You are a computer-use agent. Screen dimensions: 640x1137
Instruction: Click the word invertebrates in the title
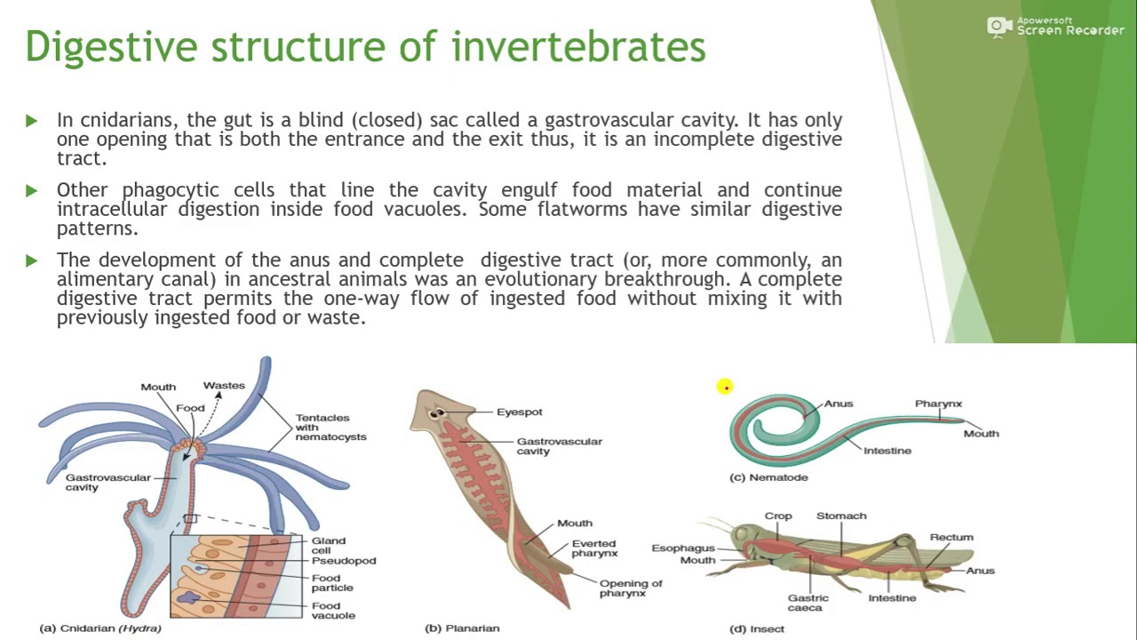(x=578, y=46)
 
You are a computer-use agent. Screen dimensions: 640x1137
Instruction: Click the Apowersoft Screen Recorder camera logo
(x=999, y=27)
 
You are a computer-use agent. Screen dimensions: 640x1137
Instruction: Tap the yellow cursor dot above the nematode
(x=725, y=387)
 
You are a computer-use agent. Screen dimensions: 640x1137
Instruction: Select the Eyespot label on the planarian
(x=519, y=412)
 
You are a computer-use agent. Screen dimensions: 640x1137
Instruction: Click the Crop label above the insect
(x=777, y=516)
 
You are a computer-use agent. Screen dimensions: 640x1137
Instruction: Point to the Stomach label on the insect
(x=840, y=516)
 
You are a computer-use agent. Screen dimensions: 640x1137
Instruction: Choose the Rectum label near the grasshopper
(x=950, y=538)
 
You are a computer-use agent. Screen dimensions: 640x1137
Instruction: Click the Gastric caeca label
(x=807, y=603)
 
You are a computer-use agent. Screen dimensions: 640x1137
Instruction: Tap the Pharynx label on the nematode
(x=938, y=404)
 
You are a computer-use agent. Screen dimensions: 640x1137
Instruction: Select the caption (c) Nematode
(x=768, y=477)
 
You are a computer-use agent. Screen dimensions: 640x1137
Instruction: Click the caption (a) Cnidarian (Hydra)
(x=100, y=628)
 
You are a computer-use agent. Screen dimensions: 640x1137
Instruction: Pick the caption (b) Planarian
(x=462, y=628)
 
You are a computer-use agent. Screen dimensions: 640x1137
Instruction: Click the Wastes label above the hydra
(x=224, y=386)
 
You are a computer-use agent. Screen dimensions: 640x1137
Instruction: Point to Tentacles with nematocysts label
(x=330, y=427)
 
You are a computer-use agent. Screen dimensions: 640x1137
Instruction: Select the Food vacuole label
(x=332, y=611)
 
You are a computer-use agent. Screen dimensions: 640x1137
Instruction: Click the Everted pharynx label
(x=593, y=548)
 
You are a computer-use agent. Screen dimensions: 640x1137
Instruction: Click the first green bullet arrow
(x=32, y=120)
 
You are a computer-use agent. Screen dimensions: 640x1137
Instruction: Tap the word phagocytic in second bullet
(x=170, y=190)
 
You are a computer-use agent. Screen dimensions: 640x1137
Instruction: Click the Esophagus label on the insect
(x=682, y=548)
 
